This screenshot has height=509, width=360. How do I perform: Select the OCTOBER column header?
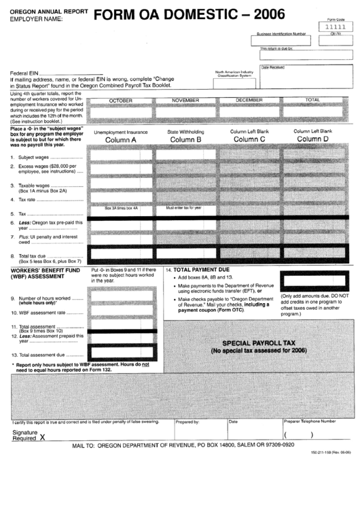click(x=121, y=100)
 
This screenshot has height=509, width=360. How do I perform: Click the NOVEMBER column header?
click(x=185, y=100)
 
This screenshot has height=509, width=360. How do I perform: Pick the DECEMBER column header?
click(x=249, y=100)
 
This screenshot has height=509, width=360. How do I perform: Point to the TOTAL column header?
click(x=312, y=100)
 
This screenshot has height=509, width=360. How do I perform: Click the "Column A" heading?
click(x=120, y=140)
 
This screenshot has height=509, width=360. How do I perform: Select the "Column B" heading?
click(x=185, y=140)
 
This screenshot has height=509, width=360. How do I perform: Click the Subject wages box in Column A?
click(x=121, y=156)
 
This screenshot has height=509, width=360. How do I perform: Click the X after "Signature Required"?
click(x=42, y=438)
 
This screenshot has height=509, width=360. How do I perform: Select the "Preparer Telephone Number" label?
click(x=309, y=421)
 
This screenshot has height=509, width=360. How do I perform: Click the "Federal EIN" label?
click(x=24, y=72)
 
